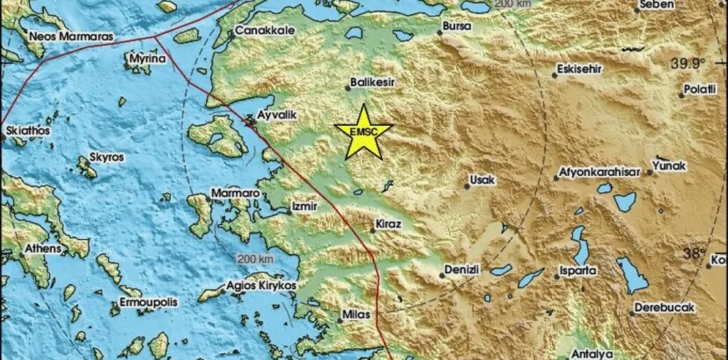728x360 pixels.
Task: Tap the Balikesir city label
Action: pos(372,82)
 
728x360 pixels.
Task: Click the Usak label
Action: pos(483,179)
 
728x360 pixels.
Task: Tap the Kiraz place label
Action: pos(389,225)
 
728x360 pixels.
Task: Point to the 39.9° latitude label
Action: pos(688,62)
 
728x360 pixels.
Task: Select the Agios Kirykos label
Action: pos(262,285)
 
